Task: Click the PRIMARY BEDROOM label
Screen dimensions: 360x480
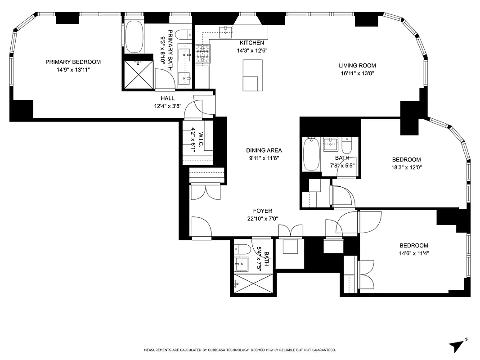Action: (73, 62)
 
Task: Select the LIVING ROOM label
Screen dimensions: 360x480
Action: (357, 66)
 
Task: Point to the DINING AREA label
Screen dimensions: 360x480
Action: (264, 150)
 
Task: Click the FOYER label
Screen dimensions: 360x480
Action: (262, 211)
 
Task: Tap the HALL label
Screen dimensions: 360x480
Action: (167, 98)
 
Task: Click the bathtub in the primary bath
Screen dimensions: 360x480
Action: (134, 36)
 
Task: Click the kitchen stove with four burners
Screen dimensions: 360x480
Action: (203, 54)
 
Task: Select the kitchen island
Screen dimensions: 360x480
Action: (252, 75)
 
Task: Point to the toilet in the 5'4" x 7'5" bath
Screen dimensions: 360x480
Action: (242, 249)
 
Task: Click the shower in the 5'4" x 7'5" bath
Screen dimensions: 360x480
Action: (254, 284)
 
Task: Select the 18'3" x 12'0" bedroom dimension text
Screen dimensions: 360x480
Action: (406, 167)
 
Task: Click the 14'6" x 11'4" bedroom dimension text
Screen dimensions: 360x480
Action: (414, 253)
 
